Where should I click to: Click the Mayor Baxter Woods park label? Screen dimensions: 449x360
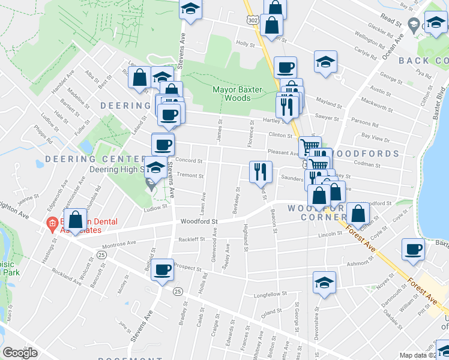click(238, 94)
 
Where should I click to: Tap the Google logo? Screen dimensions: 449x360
click(20, 353)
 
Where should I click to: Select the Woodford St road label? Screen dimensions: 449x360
click(198, 221)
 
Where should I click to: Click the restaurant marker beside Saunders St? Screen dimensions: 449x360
click(261, 172)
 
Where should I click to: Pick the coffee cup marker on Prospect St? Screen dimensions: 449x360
click(162, 270)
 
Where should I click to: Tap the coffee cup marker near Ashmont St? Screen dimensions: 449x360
click(412, 250)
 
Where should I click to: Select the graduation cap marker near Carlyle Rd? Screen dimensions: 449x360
click(325, 62)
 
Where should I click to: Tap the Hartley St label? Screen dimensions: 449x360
click(277, 120)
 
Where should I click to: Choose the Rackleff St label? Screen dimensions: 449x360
click(190, 239)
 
